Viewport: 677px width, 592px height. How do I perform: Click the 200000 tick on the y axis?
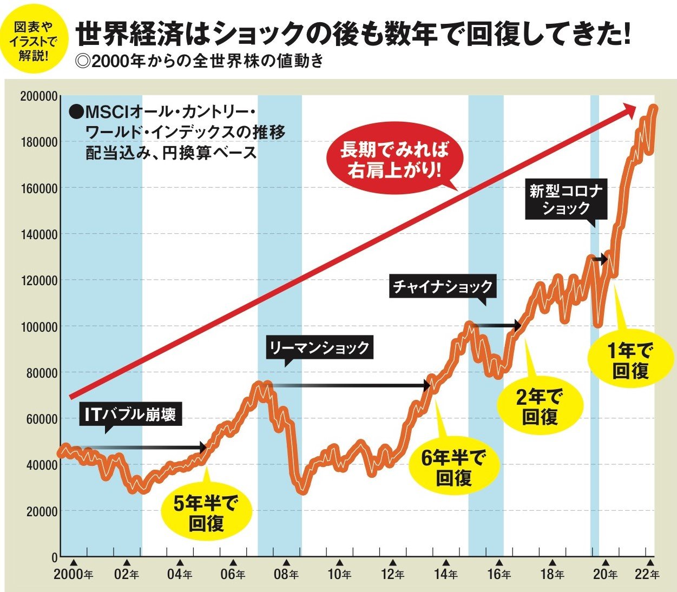[38, 96]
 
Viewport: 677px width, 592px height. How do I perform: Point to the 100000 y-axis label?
[38, 327]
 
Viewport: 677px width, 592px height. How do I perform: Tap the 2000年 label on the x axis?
[73, 574]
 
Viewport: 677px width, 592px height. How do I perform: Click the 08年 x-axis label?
[286, 574]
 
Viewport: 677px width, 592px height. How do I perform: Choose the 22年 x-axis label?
[647, 574]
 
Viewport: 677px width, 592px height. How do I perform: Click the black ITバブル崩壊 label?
[130, 415]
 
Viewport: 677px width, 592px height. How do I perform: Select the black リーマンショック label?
[319, 347]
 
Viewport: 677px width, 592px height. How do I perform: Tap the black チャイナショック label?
[442, 286]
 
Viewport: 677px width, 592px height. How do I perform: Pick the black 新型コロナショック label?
[566, 200]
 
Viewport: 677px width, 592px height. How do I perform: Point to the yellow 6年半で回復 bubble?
[453, 468]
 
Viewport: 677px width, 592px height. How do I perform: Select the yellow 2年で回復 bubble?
[540, 407]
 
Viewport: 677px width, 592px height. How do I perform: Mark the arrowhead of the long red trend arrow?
[629, 109]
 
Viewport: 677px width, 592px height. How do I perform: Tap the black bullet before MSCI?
[76, 112]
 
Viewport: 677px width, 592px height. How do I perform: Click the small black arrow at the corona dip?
[600, 260]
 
